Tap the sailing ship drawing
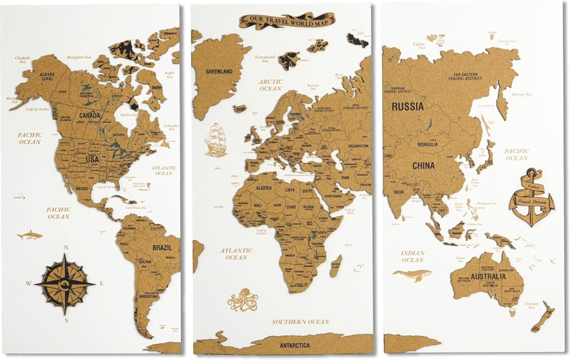point(216,140)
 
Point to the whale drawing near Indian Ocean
point(412,274)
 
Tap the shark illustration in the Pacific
point(30,235)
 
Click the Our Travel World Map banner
point(287,20)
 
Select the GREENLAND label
point(219,72)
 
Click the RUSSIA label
point(408,107)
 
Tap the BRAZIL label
point(162,248)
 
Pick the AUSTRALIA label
point(489,277)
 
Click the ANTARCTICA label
point(294,345)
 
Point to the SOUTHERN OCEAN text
point(300,322)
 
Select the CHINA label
point(423,166)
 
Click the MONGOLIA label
point(427,144)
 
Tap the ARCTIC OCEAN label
point(270,85)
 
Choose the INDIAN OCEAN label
point(412,257)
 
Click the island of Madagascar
point(336,266)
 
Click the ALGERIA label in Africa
point(264,188)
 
